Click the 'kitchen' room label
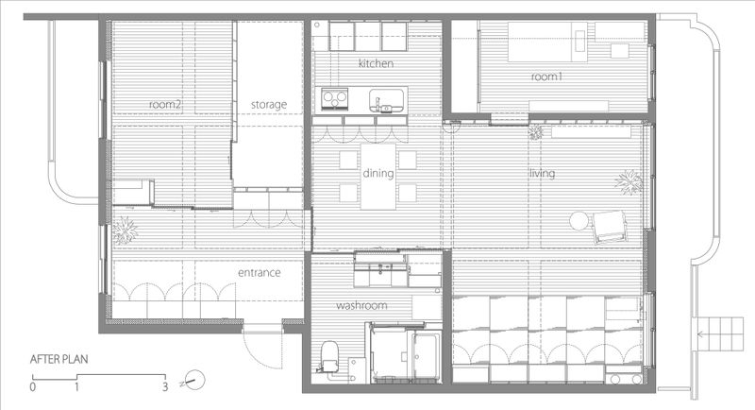coord(376,63)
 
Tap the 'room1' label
coord(546,77)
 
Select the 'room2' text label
coord(165,104)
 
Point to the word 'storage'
coord(269,105)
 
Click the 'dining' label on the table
coord(378,173)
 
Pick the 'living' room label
coord(542,173)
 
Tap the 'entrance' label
coord(259,273)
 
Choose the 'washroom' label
coord(361,305)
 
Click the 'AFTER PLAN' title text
coord(59,359)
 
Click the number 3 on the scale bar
coord(165,386)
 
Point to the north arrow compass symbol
coord(193,381)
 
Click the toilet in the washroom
coord(329,355)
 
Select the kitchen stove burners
coord(335,99)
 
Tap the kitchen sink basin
coord(386,100)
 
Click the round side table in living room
coord(579,221)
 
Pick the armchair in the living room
coord(610,227)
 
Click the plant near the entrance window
coord(125,231)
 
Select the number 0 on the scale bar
coord(33,387)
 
